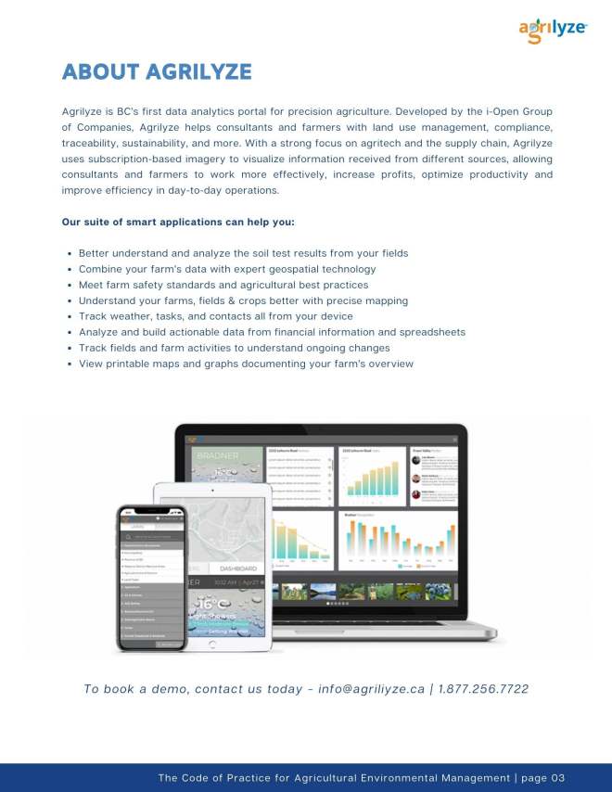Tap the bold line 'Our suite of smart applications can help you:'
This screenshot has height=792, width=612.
click(x=178, y=222)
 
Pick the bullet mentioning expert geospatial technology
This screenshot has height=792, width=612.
click(x=227, y=269)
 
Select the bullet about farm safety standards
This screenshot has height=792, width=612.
click(x=223, y=285)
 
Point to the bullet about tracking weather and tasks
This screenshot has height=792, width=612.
click(x=215, y=316)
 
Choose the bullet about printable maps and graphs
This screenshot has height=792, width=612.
click(x=246, y=364)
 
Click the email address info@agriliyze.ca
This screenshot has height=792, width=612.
click(x=371, y=689)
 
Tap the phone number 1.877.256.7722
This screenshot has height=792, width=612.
click(x=483, y=689)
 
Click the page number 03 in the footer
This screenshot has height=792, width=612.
click(x=555, y=778)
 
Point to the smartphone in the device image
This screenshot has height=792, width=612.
click(x=151, y=575)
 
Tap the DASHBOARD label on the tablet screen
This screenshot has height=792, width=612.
click(x=238, y=568)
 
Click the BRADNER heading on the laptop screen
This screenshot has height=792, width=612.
click(x=215, y=456)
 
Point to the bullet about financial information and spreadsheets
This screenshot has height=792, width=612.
click(x=272, y=332)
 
